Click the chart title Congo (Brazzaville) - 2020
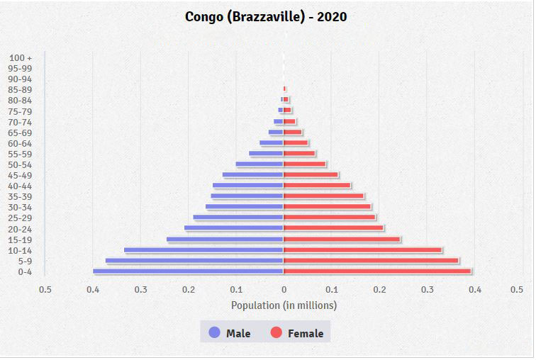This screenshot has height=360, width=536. (x=266, y=16)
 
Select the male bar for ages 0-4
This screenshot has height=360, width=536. (x=188, y=271)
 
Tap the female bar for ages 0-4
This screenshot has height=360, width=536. (x=377, y=271)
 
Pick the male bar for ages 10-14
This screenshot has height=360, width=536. (x=203, y=250)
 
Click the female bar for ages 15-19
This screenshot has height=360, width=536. (x=342, y=240)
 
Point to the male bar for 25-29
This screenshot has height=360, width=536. (x=238, y=218)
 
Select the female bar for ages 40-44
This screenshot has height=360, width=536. (x=317, y=186)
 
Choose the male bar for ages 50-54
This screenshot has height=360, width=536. (x=259, y=164)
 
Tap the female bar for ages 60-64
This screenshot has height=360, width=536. (x=296, y=143)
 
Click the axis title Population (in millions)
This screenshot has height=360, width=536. (x=284, y=305)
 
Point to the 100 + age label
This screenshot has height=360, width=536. (x=21, y=57)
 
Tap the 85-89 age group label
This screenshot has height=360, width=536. (x=20, y=90)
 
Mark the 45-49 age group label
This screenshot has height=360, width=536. (x=20, y=176)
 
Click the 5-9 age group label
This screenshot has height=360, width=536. (x=25, y=261)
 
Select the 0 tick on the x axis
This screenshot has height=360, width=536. (x=284, y=290)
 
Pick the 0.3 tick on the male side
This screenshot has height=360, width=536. (x=140, y=290)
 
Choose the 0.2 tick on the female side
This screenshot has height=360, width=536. (x=379, y=290)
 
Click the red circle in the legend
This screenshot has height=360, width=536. (x=277, y=333)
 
